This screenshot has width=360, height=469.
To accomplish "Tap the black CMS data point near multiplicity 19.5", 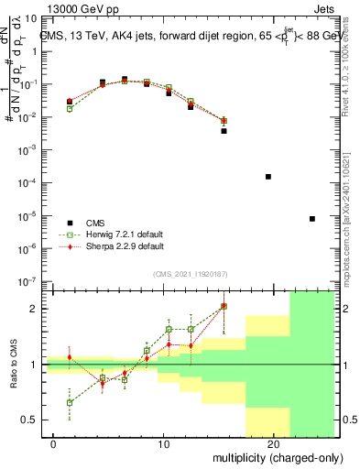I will tap(268, 177).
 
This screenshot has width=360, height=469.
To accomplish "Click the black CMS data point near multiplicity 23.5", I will tap(312, 219).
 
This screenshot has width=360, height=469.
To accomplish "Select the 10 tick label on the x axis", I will tap(163, 443).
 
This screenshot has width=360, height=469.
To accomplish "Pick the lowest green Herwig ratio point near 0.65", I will tap(70, 402).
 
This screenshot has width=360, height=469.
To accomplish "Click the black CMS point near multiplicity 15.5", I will tap(224, 131).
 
